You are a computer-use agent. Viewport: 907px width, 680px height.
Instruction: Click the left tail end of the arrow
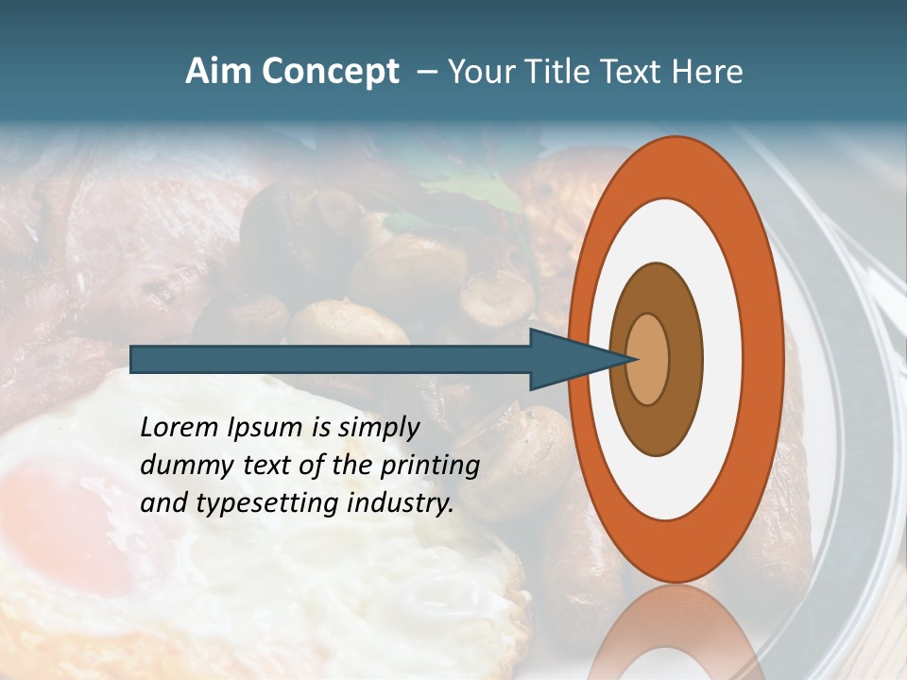click(133, 359)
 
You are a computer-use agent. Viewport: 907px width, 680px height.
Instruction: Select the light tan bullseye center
click(648, 359)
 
